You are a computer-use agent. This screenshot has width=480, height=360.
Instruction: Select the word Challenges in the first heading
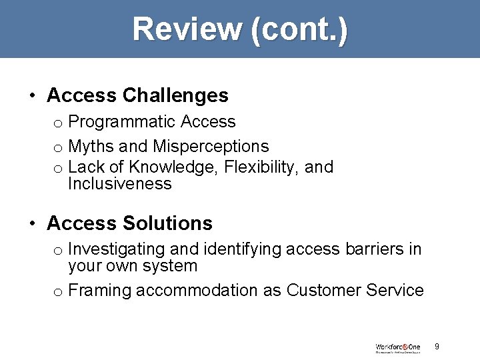click(x=176, y=96)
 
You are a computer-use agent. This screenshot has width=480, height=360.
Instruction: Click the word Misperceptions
click(x=211, y=146)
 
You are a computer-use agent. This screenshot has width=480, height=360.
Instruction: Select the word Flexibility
click(x=253, y=167)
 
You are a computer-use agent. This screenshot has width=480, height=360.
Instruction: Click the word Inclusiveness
click(x=120, y=184)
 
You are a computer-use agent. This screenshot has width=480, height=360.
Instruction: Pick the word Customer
click(x=320, y=291)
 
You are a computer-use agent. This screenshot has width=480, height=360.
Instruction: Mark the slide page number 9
click(x=437, y=346)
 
